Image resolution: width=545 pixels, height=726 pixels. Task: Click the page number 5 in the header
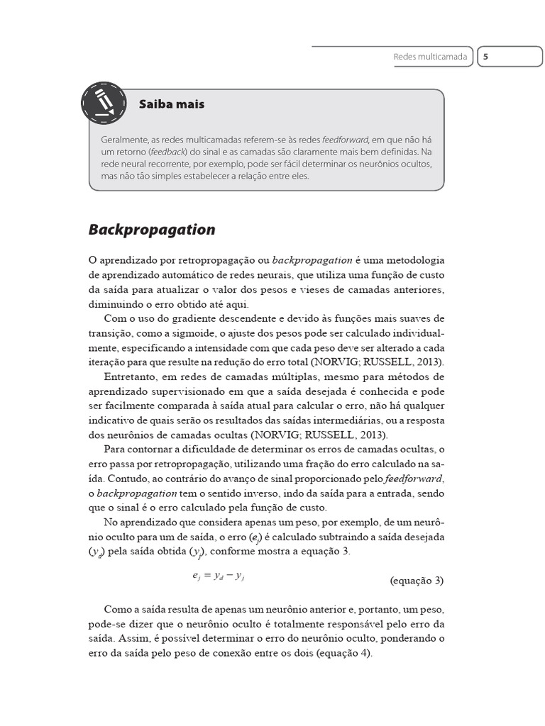(486, 57)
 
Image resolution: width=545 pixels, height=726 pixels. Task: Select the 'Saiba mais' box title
(172, 104)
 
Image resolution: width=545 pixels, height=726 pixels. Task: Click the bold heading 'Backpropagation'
(152, 230)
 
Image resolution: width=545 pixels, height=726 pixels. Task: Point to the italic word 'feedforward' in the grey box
(346, 140)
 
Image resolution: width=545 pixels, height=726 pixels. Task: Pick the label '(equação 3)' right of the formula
(417, 580)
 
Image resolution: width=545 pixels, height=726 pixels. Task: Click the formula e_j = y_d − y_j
(219, 577)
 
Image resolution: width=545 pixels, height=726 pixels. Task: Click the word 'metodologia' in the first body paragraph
(410, 260)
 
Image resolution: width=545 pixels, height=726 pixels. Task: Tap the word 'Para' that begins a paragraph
(115, 449)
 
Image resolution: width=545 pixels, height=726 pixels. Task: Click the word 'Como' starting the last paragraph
(116, 609)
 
